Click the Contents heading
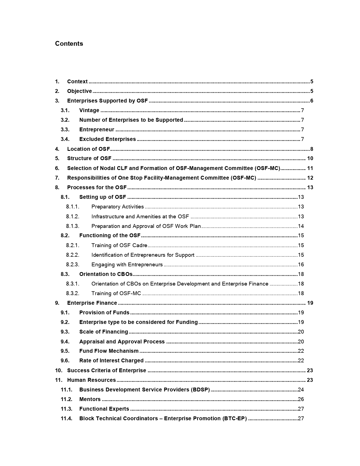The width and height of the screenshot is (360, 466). [69, 43]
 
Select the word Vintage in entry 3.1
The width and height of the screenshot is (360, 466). [89, 110]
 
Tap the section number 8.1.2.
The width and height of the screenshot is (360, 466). [73, 217]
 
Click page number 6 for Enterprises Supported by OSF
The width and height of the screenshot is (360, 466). [312, 101]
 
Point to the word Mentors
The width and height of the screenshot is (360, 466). [90, 399]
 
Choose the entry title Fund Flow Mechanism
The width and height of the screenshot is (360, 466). [109, 351]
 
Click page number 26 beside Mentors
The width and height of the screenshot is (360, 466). [301, 399]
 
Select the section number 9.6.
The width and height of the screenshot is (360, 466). [65, 361]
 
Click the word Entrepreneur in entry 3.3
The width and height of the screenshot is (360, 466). [97, 130]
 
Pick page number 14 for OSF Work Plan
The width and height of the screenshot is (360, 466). [301, 226]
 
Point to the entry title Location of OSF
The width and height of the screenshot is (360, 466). [88, 149]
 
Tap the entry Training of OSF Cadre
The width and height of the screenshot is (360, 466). [119, 245]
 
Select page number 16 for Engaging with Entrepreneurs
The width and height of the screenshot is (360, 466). [301, 265]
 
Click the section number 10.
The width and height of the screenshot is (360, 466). [58, 371]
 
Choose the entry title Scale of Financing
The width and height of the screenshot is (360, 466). [104, 332]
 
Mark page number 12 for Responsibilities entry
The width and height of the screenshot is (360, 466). [310, 178]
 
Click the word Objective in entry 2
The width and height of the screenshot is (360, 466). [79, 91]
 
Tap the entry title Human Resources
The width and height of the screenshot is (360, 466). [91, 380]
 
